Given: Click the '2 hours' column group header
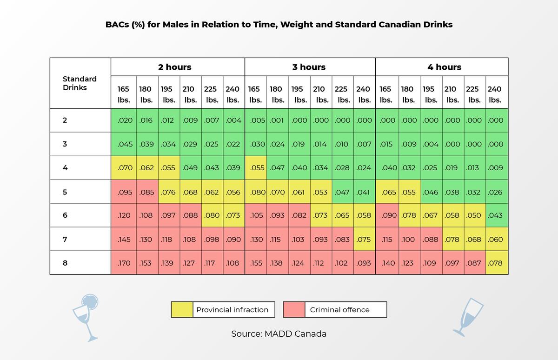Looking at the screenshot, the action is coord(175,67).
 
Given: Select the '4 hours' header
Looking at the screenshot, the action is coord(445,67).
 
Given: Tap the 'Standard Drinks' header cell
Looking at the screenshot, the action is coord(80,83).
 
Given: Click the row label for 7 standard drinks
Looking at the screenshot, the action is coord(65,240).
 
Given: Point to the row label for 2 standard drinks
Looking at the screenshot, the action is coord(65,120).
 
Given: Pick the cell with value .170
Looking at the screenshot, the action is coord(124,263).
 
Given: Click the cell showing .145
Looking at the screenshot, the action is coord(124,239).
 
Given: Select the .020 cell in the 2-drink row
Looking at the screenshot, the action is coord(124,120).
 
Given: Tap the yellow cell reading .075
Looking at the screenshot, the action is coord(365,239).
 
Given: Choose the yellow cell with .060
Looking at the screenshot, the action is coord(497,239).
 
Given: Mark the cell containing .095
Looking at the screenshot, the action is coord(124,192).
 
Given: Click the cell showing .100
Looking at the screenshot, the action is coord(410,239).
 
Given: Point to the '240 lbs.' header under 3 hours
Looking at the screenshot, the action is coord(364,94).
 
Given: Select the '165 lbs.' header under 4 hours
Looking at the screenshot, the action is coord(385,94).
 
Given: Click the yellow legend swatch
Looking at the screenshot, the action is coord(182,309).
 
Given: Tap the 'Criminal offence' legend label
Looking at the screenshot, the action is coord(339,310).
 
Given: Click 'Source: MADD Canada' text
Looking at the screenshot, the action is coord(279,333).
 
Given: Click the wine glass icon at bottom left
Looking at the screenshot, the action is coord(86,318).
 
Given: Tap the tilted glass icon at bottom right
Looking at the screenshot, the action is coord(468,317).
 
